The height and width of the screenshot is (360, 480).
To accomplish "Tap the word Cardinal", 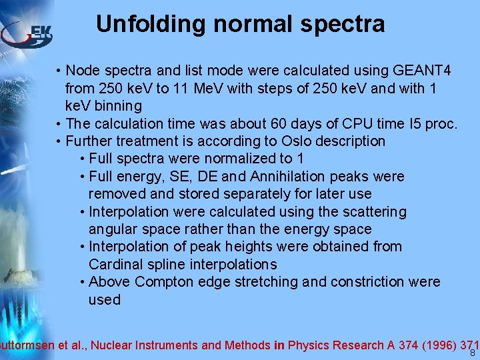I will pyautogui.click(x=116, y=264).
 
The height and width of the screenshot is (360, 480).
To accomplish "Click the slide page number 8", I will pyautogui.click(x=473, y=353).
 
